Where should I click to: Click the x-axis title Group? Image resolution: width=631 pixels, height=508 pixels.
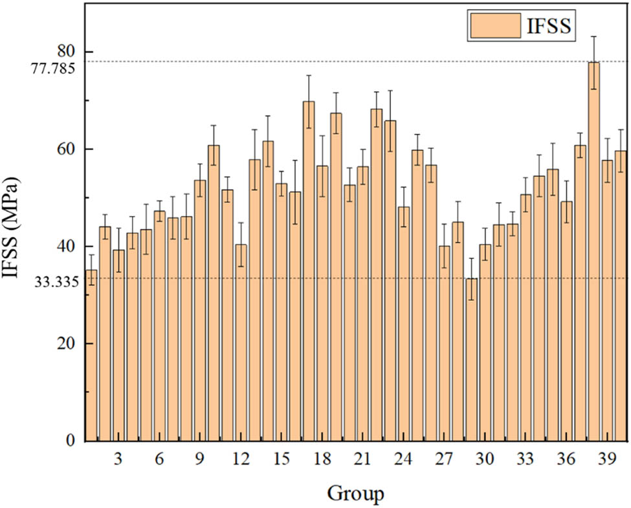tap(355, 493)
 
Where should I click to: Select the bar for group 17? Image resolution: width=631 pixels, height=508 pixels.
tap(309, 272)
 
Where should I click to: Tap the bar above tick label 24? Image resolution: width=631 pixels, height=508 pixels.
tap(404, 324)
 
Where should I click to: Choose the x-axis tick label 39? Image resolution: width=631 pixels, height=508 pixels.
tap(606, 459)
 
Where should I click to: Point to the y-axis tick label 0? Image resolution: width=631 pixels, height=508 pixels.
tap(72, 441)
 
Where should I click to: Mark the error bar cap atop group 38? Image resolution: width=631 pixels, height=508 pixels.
tap(593, 36)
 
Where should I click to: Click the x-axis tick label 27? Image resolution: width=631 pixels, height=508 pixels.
tap(445, 459)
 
